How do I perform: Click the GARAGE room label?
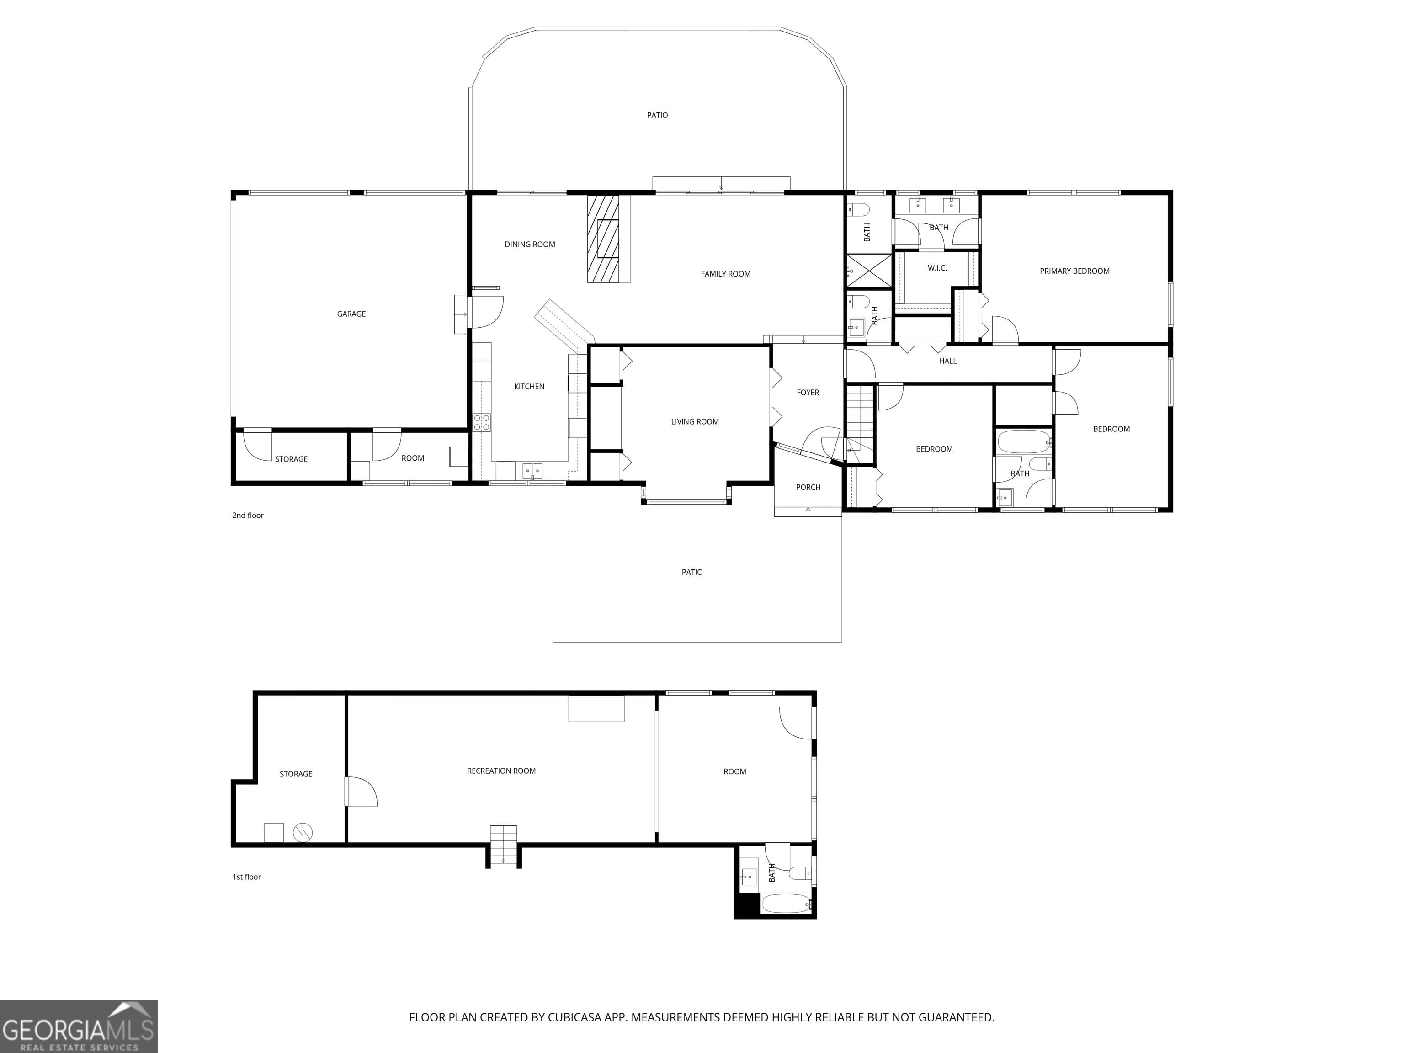[x=351, y=314]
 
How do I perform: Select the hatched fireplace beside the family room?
[x=603, y=239]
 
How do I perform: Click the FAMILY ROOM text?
[x=725, y=274]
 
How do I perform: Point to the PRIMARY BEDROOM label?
[x=1074, y=271]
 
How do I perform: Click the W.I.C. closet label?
[x=937, y=268]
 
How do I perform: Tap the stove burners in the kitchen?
[x=482, y=423]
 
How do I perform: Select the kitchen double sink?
[x=532, y=471]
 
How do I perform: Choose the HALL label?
[x=947, y=361]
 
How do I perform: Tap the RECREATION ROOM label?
[x=501, y=771]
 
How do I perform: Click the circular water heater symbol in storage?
[x=303, y=832]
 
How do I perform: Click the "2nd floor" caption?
[x=248, y=516]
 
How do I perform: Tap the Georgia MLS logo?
[x=78, y=1026]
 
